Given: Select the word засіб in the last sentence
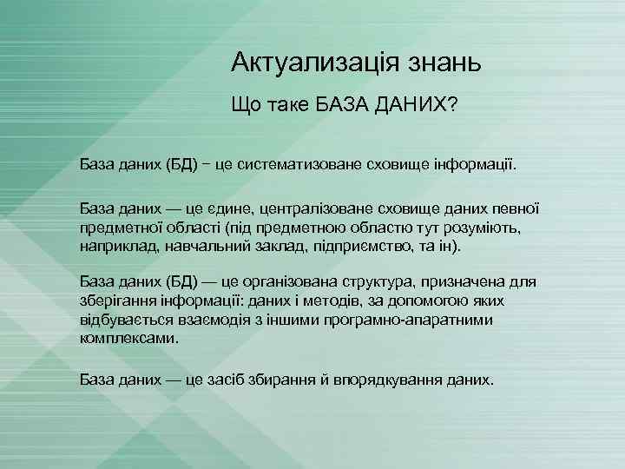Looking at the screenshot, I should coord(251,380).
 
